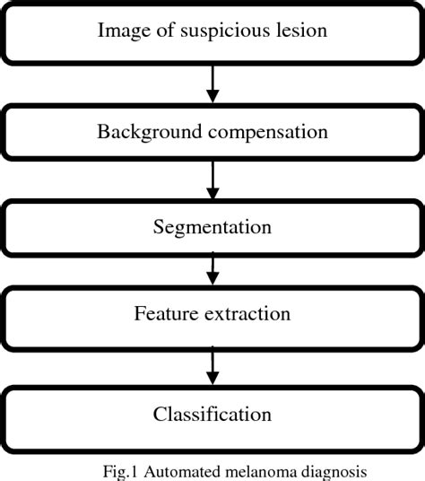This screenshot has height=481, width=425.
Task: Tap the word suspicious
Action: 212,31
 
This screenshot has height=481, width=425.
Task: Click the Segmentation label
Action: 212,227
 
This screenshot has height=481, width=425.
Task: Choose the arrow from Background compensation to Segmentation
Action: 213,179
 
